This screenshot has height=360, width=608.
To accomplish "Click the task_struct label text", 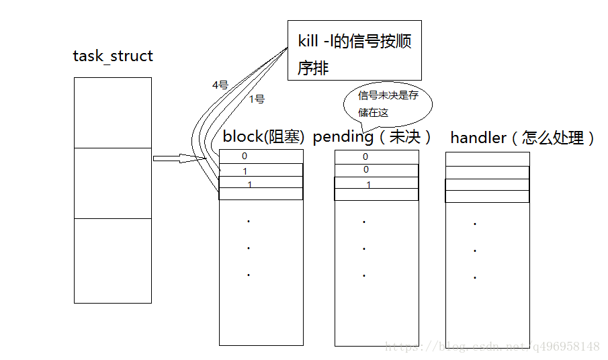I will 113,56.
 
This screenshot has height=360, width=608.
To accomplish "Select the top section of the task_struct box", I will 112,112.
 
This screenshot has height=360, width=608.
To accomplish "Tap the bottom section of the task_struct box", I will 112,260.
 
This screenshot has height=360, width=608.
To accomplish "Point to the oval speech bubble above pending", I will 388,104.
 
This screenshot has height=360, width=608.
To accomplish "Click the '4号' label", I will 220,85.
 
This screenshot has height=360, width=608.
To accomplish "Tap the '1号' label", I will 257,99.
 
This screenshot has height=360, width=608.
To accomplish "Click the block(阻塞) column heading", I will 263,137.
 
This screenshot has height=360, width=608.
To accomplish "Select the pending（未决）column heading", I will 372,137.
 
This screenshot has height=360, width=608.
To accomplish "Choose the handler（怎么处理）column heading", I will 523,138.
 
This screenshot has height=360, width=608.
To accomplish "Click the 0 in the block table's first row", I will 245,156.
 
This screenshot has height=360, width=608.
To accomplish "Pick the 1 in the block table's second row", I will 245,171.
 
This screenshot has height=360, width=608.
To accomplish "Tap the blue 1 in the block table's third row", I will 249,184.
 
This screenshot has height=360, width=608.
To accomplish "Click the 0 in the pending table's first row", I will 365,156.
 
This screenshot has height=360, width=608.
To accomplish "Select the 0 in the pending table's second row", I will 366,170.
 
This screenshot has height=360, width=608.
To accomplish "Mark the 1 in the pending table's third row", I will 368,184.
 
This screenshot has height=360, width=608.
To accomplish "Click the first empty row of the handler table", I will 487,159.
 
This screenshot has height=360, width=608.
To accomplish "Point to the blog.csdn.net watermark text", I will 491,347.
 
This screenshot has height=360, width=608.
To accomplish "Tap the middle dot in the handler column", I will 475,251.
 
